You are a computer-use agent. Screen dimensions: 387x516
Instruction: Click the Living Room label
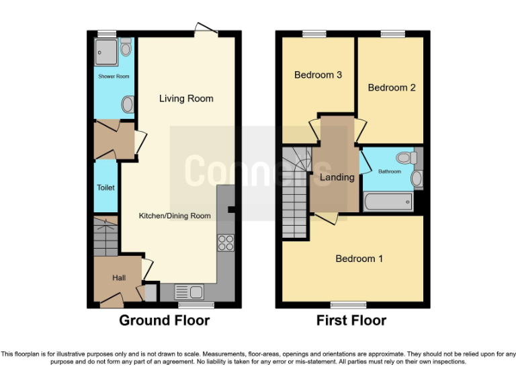(186, 99)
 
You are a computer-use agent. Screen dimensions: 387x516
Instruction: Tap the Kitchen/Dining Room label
(175, 216)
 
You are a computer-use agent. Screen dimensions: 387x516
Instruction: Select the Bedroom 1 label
(359, 259)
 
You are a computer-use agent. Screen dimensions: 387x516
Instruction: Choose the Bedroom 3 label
(318, 75)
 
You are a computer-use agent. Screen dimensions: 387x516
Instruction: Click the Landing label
(337, 177)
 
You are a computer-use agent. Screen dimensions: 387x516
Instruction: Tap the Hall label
(119, 277)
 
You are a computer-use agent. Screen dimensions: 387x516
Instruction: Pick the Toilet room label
(105, 187)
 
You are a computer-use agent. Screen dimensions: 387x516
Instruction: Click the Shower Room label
(114, 77)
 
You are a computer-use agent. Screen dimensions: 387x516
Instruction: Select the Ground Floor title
(164, 320)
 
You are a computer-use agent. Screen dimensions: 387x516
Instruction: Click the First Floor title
(351, 320)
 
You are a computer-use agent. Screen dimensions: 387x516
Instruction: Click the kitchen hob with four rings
(225, 242)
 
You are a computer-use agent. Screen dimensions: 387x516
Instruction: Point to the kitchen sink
(189, 292)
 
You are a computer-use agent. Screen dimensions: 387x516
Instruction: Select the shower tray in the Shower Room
(106, 50)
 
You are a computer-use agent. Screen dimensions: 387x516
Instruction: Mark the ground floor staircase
(105, 236)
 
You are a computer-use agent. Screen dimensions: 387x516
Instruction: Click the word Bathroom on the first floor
(389, 171)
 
